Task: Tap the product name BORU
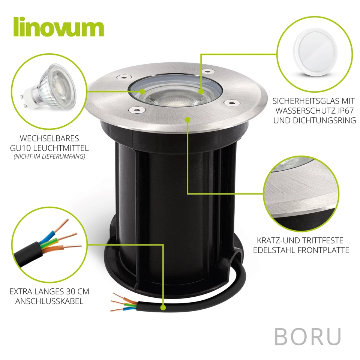tap(307, 336)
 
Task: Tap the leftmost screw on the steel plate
tap(121, 76)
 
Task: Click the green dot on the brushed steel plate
tap(187, 119)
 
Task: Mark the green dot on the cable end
tap(163, 308)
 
